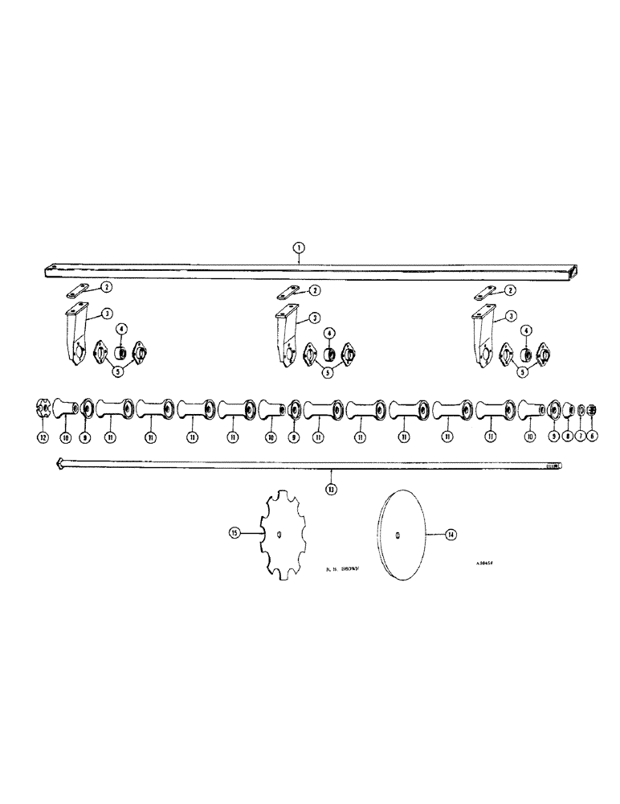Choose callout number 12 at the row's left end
43,437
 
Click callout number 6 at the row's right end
593,436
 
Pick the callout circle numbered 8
568,436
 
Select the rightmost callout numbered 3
511,318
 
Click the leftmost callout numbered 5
119,371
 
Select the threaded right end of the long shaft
554,466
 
